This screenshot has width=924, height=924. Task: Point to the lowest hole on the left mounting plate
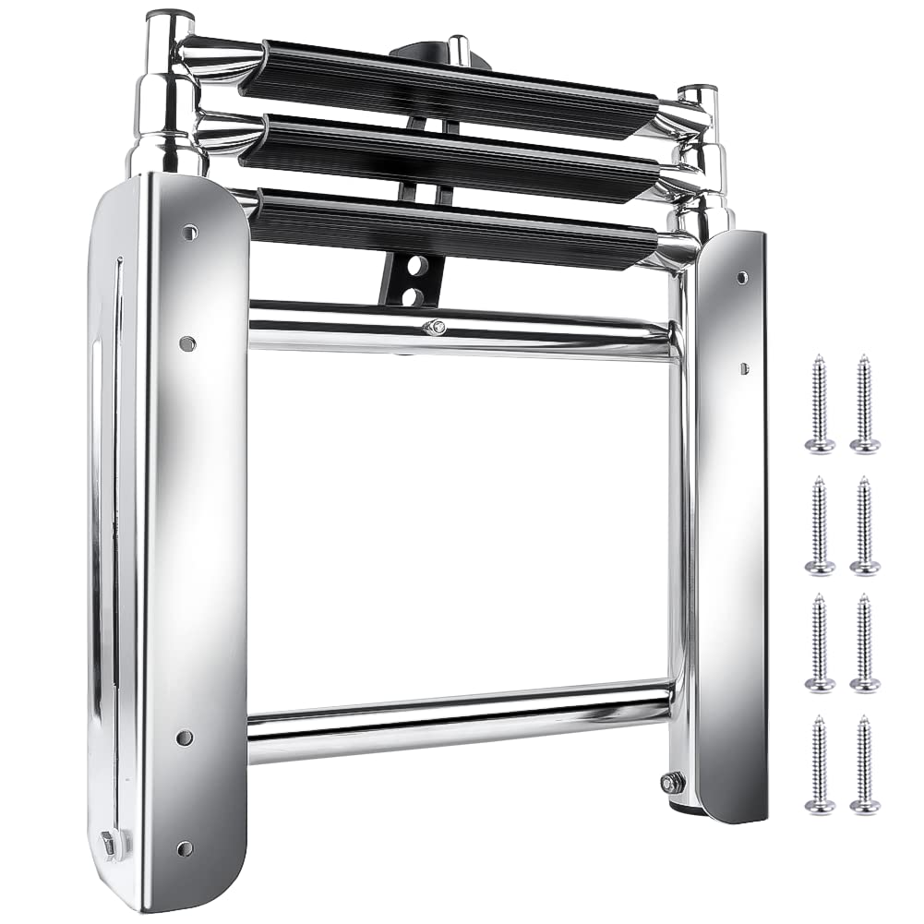(184, 846)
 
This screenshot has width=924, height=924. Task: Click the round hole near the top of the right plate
(742, 276)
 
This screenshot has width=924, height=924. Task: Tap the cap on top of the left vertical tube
(170, 16)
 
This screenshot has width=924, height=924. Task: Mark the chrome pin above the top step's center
(457, 46)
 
